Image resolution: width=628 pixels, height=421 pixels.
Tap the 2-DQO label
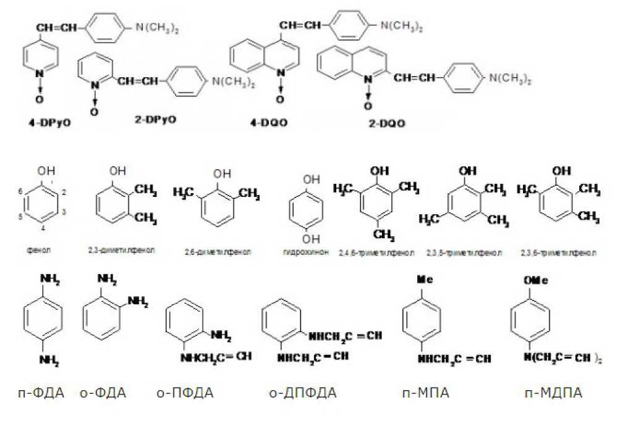pos(387,123)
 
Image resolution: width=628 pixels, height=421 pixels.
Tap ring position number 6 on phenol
pos(21,193)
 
